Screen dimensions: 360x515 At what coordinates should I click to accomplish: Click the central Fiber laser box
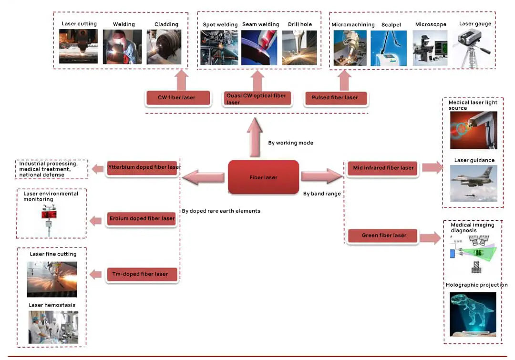[264, 177]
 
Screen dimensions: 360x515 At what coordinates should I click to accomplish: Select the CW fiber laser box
[177, 98]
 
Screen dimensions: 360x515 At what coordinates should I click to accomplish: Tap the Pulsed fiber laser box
[335, 98]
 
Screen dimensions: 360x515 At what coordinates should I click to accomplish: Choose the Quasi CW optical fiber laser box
[256, 99]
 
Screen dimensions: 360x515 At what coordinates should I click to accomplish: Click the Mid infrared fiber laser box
[383, 168]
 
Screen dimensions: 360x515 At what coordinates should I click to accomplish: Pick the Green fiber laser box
[383, 236]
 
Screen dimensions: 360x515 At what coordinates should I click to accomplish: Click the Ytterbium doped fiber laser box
[142, 167]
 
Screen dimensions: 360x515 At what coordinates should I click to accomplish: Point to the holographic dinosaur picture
[473, 314]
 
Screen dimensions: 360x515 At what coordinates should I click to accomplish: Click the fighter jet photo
[474, 183]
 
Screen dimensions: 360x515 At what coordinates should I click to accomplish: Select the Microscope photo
[430, 48]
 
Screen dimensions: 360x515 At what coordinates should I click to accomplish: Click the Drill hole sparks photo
[299, 48]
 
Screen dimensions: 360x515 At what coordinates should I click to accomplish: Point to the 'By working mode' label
[290, 143]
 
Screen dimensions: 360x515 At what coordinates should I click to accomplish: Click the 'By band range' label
[322, 194]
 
